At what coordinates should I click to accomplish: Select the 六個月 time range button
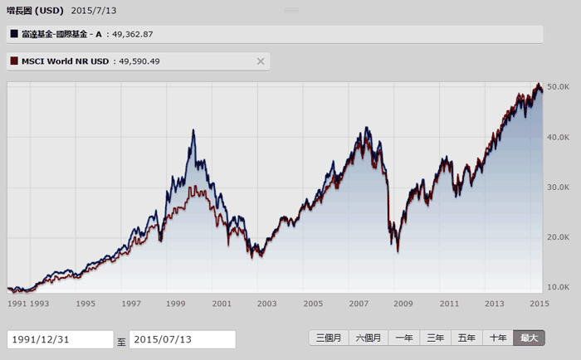368,338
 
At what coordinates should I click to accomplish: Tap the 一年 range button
404,338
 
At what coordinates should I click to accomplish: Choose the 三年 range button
435,338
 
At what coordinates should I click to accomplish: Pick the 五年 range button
466,338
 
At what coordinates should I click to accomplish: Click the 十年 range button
498,338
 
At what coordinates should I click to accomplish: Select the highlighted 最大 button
529,338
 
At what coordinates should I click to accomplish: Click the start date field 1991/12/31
60,339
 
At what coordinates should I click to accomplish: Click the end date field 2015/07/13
182,339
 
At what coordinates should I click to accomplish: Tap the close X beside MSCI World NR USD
261,61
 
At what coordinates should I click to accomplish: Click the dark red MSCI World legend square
14,61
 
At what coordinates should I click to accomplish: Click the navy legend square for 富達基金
14,34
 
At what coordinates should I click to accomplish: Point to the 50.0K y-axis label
558,86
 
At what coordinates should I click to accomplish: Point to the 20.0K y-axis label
558,237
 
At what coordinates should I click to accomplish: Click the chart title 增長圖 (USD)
35,10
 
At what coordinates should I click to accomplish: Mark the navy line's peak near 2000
194,130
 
